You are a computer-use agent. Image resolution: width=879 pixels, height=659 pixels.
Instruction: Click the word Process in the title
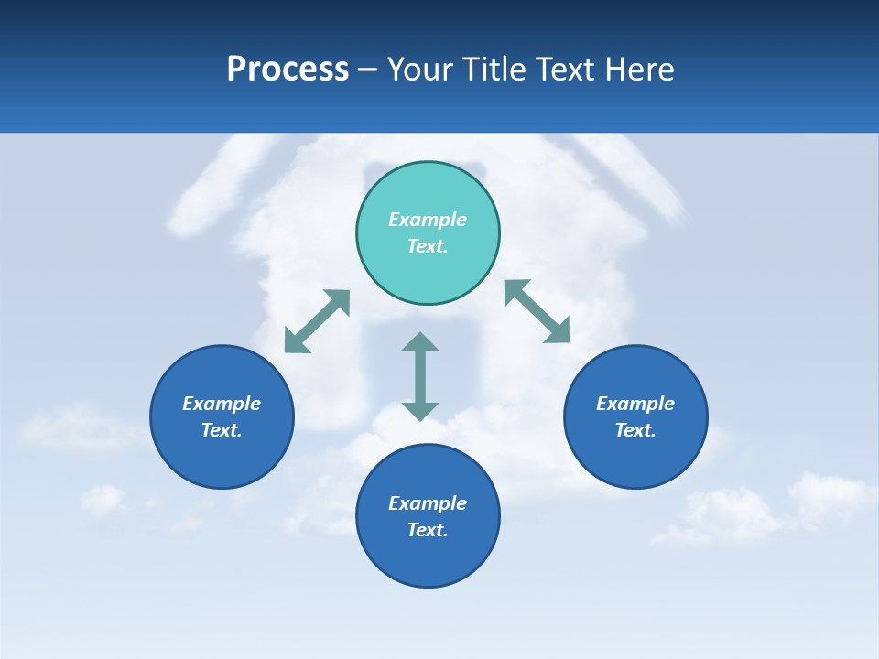tap(288, 70)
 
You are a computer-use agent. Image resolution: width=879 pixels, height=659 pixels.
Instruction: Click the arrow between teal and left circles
tap(317, 321)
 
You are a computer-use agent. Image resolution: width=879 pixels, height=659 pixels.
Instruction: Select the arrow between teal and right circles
tap(537, 311)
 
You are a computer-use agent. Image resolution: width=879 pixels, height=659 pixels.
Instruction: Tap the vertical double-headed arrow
tap(420, 376)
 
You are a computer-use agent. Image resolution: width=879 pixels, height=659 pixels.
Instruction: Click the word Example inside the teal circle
tap(428, 220)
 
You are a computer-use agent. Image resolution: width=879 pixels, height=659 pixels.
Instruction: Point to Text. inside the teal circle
tap(428, 246)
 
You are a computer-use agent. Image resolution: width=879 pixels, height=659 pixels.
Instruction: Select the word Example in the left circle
tap(222, 404)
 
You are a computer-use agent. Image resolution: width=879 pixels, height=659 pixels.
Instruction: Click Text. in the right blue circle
tap(635, 430)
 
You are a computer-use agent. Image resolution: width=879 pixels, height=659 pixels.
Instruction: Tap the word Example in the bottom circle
tap(428, 503)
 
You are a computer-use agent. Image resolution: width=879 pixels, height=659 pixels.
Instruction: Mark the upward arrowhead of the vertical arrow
tap(420, 342)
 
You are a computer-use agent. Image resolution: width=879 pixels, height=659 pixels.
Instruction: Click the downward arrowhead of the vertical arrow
tap(420, 411)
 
